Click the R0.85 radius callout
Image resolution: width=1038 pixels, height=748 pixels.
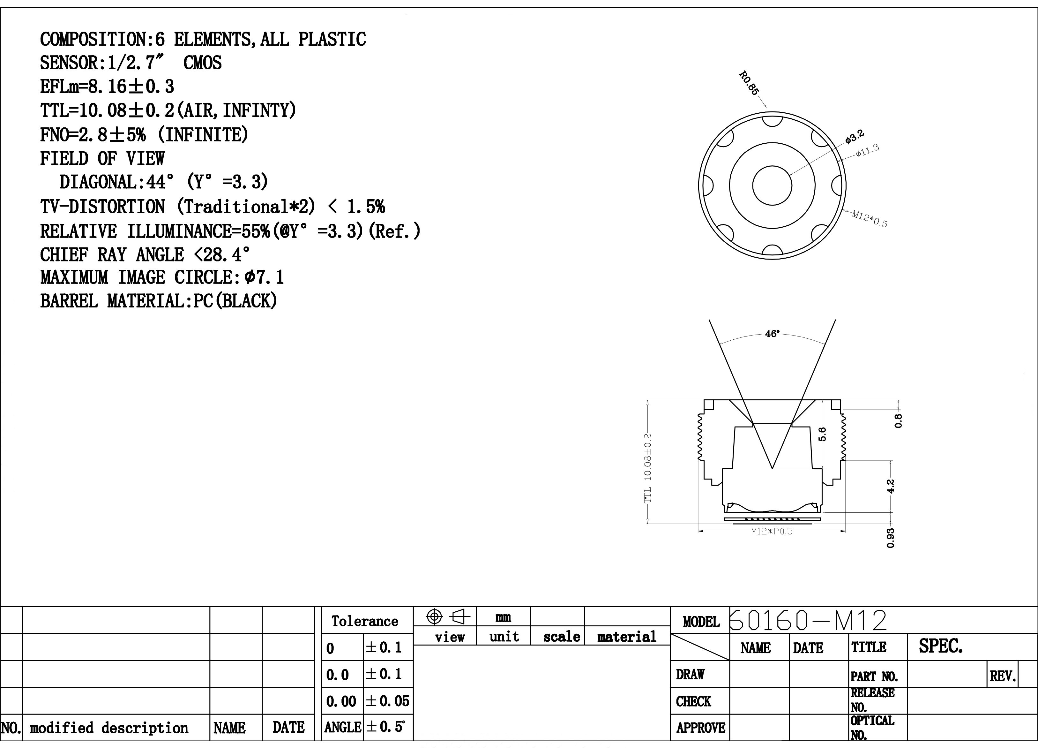(749, 83)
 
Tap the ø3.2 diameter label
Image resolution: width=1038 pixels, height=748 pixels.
(855, 136)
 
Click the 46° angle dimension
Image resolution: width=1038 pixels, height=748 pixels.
(772, 334)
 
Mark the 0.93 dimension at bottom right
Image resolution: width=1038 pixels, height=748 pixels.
(890, 538)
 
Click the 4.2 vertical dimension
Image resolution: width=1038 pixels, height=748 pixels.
(890, 486)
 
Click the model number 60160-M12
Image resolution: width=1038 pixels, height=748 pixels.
(808, 620)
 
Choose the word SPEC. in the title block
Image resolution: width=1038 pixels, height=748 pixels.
(940, 646)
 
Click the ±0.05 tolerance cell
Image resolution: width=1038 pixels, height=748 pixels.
(388, 701)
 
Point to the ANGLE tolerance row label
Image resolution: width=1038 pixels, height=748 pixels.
(343, 727)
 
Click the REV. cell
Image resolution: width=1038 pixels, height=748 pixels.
(1003, 676)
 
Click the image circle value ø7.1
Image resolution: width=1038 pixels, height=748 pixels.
(264, 277)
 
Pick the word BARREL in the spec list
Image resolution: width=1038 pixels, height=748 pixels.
(69, 301)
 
